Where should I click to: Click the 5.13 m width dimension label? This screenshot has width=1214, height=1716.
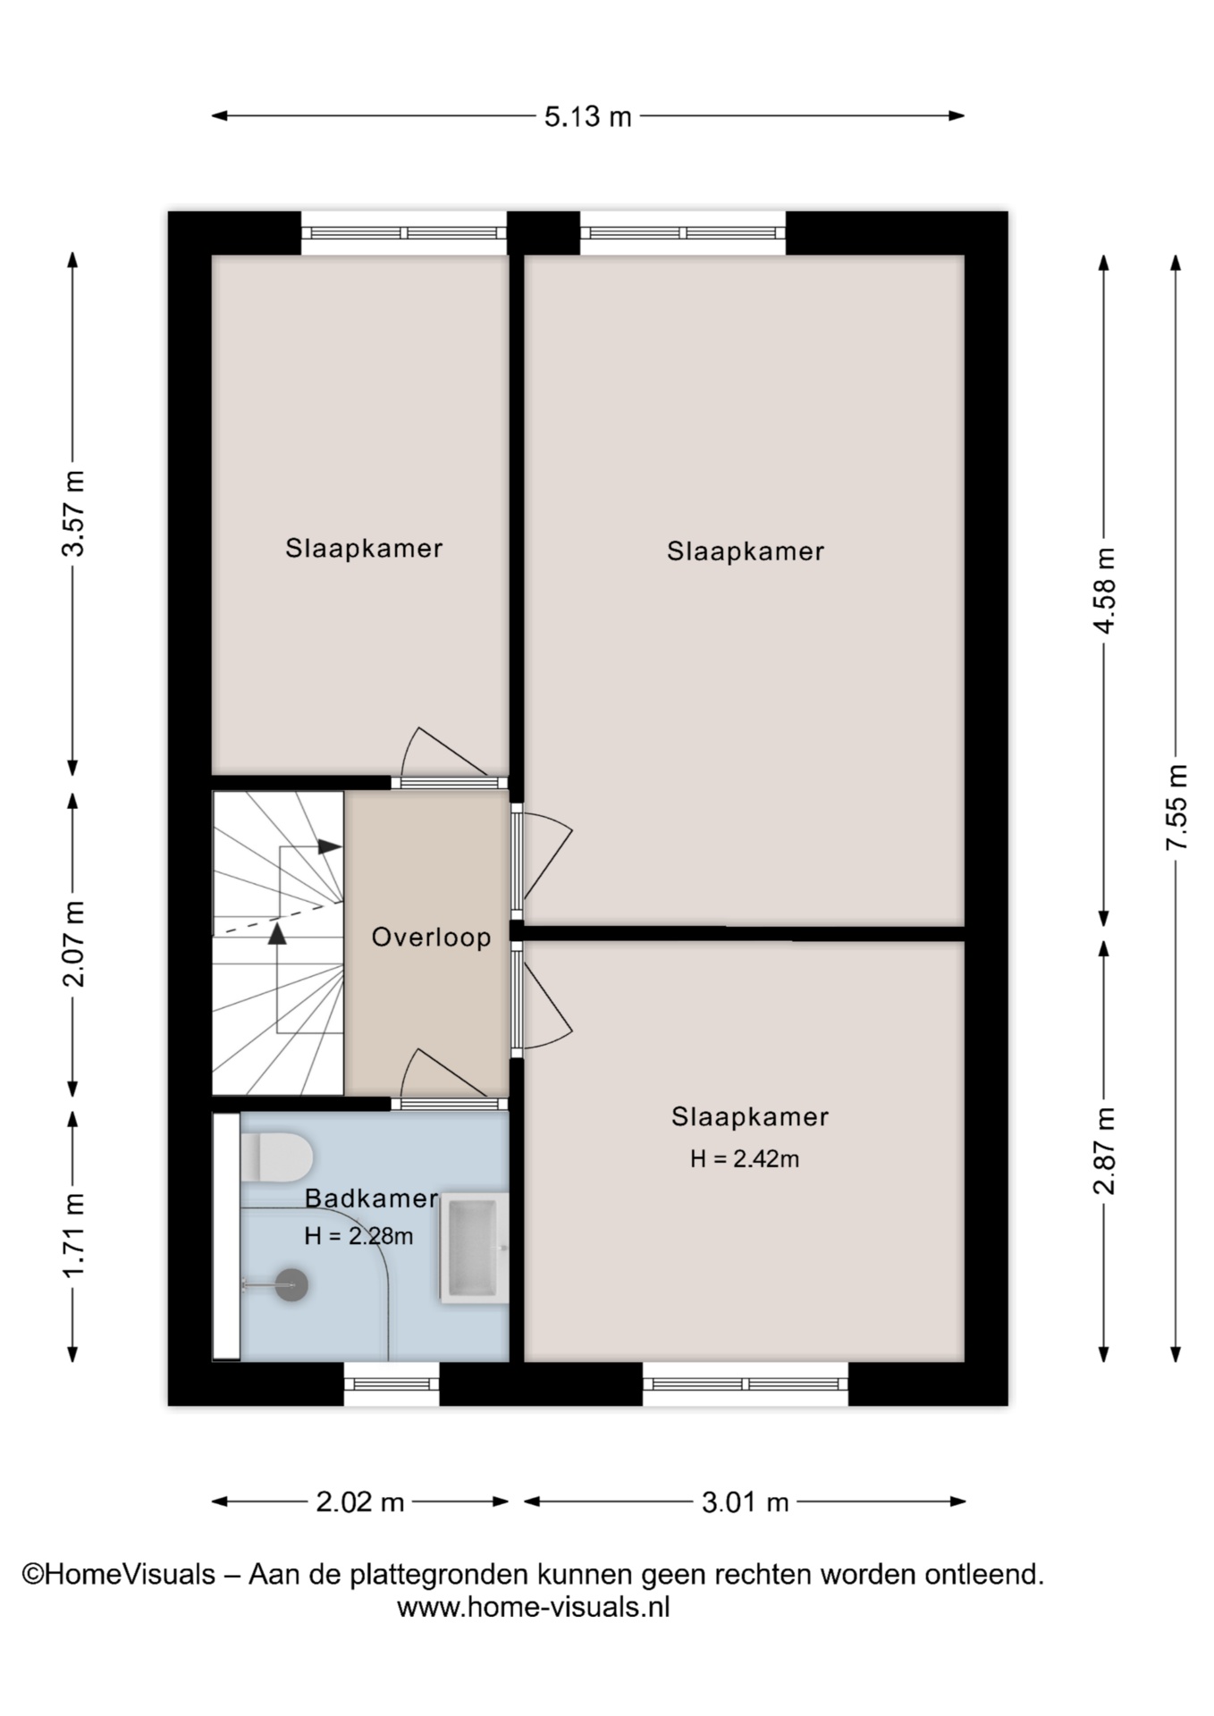(x=587, y=117)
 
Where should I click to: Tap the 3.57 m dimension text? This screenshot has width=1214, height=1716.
(x=73, y=513)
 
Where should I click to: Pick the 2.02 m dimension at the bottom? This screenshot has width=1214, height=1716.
(x=360, y=1502)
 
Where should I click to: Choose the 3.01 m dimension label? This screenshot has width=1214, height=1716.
(x=745, y=1502)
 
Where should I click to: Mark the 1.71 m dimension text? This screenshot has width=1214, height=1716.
(x=73, y=1236)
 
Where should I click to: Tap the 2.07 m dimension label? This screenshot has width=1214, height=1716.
(x=73, y=944)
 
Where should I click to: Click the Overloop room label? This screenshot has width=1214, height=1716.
(x=431, y=938)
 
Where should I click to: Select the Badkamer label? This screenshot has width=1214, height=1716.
(x=371, y=1199)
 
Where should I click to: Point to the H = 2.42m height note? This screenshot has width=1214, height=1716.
(x=744, y=1159)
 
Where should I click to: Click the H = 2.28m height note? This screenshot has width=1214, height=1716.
(x=358, y=1236)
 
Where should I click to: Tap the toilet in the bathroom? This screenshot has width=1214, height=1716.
(x=276, y=1157)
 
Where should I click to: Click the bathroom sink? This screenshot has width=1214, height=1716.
(x=474, y=1248)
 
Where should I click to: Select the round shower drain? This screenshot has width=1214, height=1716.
(x=291, y=1285)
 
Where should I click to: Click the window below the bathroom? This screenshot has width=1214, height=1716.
(x=392, y=1384)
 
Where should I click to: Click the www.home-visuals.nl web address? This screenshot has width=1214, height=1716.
(x=533, y=1607)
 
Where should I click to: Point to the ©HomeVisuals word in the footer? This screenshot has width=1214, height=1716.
(x=119, y=1574)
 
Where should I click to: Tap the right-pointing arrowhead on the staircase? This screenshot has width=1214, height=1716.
(x=331, y=846)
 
